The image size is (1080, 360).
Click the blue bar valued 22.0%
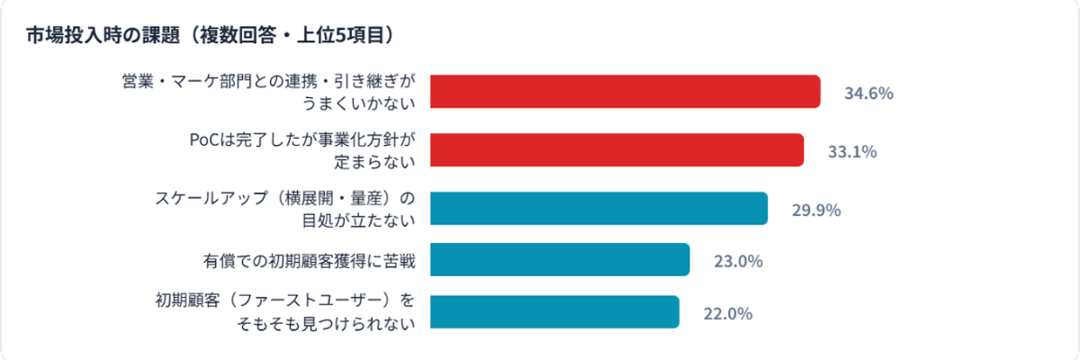pos(554,312)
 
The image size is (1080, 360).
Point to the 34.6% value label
pos(868,93)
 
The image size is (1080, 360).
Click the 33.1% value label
pos(851,151)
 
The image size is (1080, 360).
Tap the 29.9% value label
pos(815,210)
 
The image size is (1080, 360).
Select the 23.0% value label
pos(738,261)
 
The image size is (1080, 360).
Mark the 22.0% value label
pos(727,313)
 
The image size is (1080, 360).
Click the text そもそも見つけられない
pos(324,324)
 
